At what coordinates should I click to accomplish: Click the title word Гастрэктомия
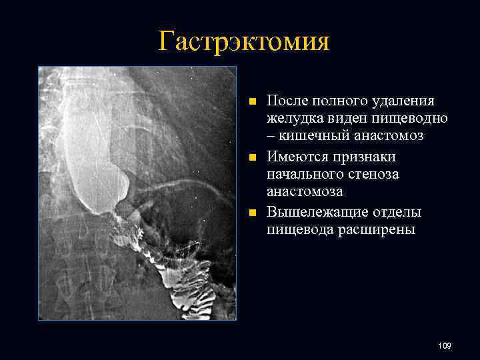coord(245,41)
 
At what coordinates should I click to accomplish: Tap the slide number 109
coord(445,345)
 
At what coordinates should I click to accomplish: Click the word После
coord(287,101)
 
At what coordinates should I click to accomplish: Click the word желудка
coord(296,119)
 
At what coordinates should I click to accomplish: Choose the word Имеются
coord(298,157)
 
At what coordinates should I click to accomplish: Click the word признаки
coord(373,157)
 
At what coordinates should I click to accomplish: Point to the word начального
coord(304,175)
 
